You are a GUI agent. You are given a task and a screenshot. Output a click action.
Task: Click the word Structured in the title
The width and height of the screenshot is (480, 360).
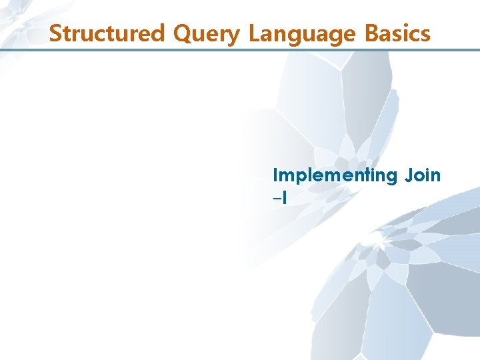pos(109,33)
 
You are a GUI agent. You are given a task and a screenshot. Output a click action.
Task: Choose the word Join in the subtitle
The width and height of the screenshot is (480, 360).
pos(422,175)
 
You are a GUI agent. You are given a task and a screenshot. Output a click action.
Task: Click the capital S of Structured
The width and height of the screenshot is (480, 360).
pos(57,33)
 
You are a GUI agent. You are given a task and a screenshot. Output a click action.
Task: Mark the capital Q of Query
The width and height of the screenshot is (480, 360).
pos(184,33)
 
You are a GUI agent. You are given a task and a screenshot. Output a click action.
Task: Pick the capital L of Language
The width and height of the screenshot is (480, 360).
pos(254,33)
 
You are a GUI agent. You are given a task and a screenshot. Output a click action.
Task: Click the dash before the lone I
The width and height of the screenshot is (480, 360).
pos(277,198)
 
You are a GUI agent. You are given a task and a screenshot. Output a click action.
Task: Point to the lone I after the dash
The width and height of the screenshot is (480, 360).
pos(284,197)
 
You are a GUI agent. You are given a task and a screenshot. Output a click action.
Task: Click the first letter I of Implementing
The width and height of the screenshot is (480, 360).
pos(276,175)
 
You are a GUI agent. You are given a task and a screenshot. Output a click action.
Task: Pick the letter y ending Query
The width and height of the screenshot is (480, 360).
pos(233,36)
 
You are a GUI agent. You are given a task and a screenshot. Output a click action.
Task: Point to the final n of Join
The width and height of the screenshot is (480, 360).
pos(435,177)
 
